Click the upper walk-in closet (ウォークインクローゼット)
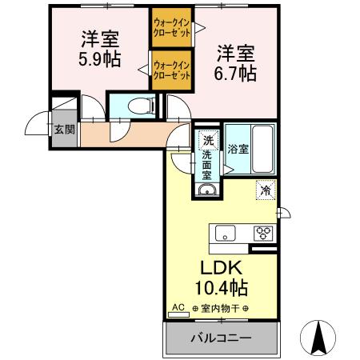(171, 29)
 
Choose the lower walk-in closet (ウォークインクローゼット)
(171, 70)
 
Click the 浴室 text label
(238, 148)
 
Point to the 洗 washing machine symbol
(208, 138)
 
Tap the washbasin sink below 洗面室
(207, 190)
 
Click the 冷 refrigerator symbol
(265, 190)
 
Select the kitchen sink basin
(224, 234)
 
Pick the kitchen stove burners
(262, 234)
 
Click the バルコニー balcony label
(220, 338)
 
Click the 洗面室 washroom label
(207, 163)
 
